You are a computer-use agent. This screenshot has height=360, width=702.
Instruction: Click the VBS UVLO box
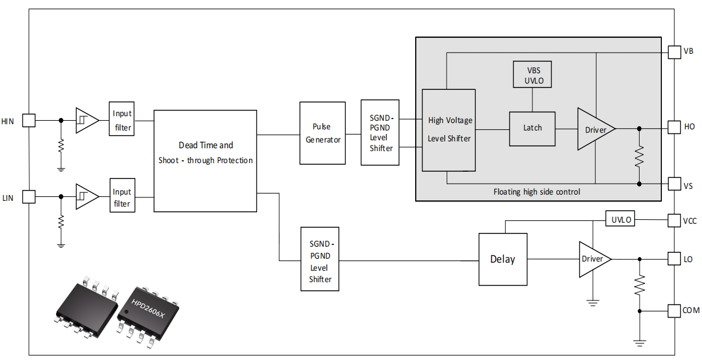click(x=533, y=74)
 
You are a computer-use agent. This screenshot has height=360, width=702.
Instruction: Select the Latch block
click(x=532, y=128)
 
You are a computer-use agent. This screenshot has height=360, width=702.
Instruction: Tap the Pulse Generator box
click(x=322, y=133)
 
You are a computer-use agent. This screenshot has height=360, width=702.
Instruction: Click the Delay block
click(x=503, y=259)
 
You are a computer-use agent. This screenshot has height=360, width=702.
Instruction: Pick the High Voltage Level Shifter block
click(x=449, y=130)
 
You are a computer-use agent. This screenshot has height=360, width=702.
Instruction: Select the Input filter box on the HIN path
click(x=122, y=120)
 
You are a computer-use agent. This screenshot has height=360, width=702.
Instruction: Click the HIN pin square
click(x=29, y=120)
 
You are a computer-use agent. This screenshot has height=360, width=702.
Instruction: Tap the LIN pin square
click(x=29, y=197)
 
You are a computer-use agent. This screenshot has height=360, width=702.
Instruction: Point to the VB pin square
click(x=675, y=52)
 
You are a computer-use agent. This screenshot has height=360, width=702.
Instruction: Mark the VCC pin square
click(x=675, y=220)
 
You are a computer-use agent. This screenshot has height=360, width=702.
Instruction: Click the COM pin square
click(x=675, y=311)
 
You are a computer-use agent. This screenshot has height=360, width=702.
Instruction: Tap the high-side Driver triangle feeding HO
click(x=593, y=129)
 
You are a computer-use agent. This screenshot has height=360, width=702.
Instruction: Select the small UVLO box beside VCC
click(x=620, y=219)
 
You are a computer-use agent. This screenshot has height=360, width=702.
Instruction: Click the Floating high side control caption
click(x=537, y=192)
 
